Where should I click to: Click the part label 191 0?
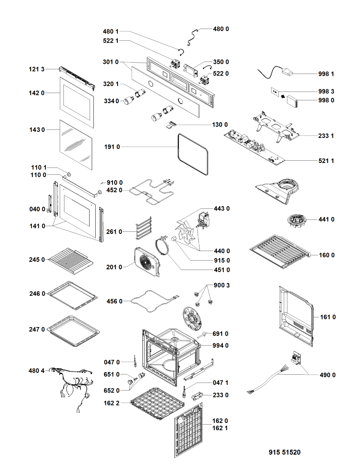tap(112, 147)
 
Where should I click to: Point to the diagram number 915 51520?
tap(284, 452)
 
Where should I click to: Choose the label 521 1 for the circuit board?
tap(326, 161)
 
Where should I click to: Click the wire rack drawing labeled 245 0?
tap(71, 261)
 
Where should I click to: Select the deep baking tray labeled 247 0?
tap(73, 331)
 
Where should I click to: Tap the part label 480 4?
tap(36, 371)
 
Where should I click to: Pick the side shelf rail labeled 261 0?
tap(144, 228)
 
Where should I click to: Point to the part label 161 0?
tap(328, 317)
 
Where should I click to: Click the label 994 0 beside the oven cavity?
tap(220, 346)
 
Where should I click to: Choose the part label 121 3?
tap(36, 69)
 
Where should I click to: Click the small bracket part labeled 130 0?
tap(171, 125)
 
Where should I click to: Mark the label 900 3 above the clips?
tap(222, 285)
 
